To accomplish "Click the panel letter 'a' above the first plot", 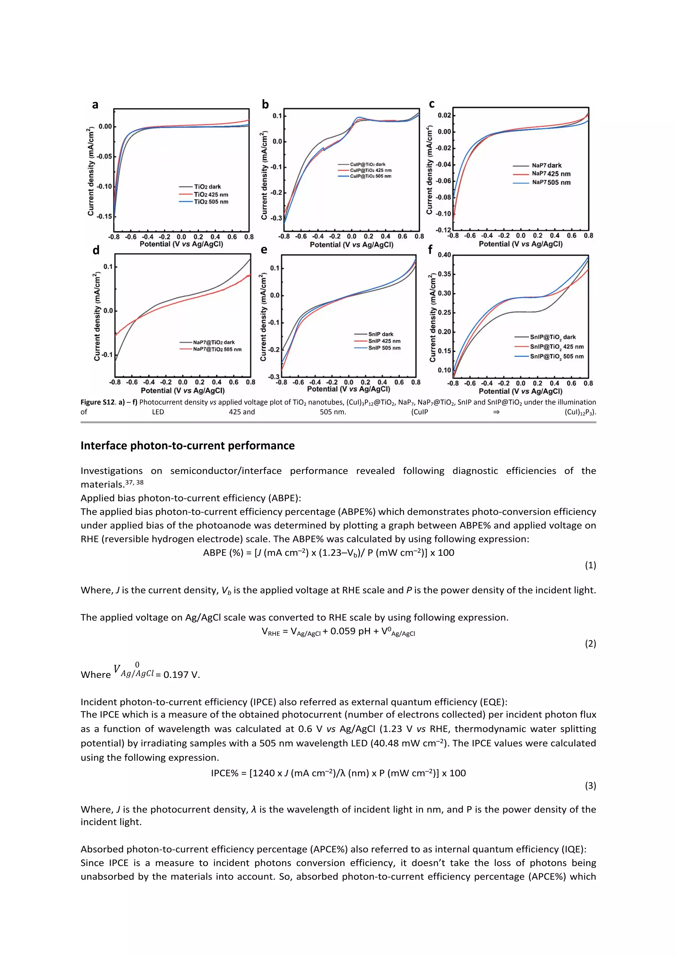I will click(95, 105).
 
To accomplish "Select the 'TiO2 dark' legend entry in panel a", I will click(207, 187).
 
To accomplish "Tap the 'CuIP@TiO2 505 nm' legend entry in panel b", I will click(370, 176).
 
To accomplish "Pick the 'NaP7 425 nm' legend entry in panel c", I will click(551, 174).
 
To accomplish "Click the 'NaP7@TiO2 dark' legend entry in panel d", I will click(214, 342).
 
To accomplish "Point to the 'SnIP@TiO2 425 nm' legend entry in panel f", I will click(557, 347).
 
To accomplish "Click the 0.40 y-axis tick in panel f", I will click(444, 255).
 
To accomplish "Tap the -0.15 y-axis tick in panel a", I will click(104, 216).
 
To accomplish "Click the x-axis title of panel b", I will click(351, 245).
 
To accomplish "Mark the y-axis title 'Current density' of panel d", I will click(97, 317).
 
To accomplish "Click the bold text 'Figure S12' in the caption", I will click(97, 402).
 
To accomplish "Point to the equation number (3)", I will click(590, 786).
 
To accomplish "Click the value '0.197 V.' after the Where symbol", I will click(181, 675).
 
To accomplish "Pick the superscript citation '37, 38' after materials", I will click(134, 482).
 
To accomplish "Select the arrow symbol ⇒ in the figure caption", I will click(496, 412).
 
